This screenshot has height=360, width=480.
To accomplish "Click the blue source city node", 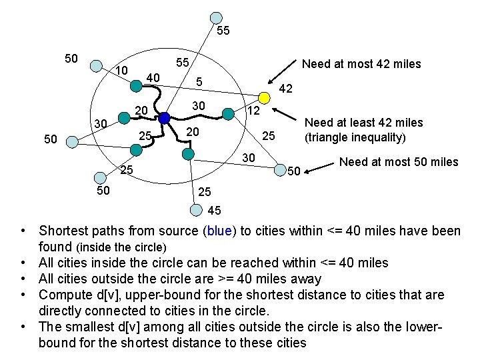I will click(165, 119).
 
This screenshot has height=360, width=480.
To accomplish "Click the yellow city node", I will click(265, 99).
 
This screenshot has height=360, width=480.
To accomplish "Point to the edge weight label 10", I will click(121, 71).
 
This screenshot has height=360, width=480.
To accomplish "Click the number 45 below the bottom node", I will click(215, 211).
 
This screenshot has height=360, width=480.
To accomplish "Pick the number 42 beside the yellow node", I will click(286, 89).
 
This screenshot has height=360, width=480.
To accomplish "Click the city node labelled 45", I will click(195, 211).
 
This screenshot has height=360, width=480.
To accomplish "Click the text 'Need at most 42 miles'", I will click(361, 64).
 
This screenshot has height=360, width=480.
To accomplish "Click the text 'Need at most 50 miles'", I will click(399, 161).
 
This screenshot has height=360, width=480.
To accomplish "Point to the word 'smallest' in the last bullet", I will click(89, 327).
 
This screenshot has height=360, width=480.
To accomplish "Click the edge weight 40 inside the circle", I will click(153, 78).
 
